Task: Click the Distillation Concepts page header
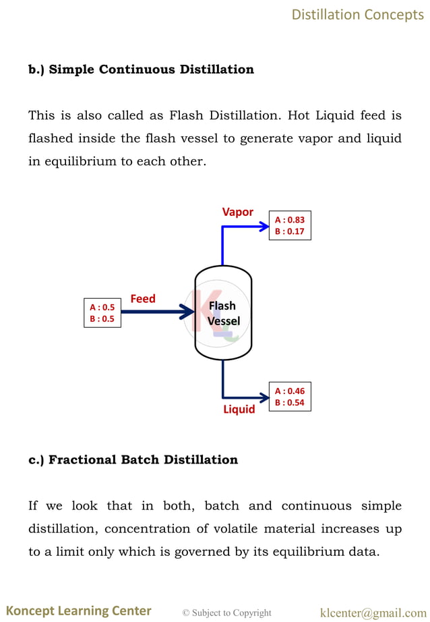[357, 14]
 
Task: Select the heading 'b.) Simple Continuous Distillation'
[141, 69]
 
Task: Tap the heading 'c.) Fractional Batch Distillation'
[133, 460]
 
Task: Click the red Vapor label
[238, 212]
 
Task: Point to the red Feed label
[143, 298]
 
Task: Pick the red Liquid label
[239, 409]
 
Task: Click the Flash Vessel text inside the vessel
[223, 313]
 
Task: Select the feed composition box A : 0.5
[102, 313]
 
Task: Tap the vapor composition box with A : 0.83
[290, 225]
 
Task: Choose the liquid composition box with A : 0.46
[290, 397]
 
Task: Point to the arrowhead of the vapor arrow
[264, 226]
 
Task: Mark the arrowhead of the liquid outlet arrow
[264, 397]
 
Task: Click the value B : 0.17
[290, 231]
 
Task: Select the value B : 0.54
[290, 403]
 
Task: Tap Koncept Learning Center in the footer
[80, 611]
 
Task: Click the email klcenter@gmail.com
[373, 613]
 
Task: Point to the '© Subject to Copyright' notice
[227, 613]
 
